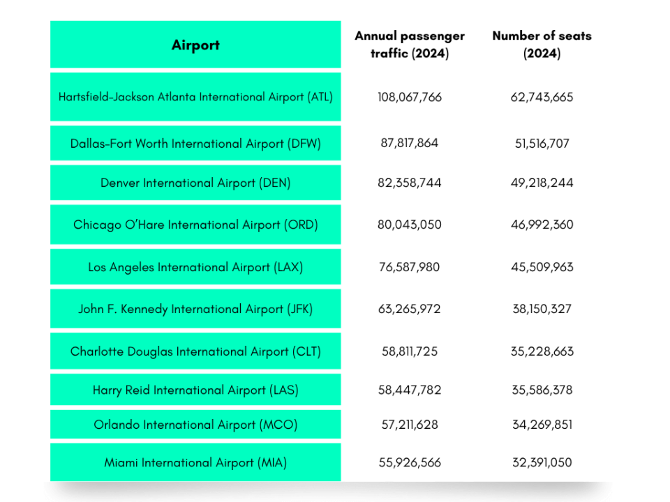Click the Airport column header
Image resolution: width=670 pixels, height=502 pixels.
click(195, 45)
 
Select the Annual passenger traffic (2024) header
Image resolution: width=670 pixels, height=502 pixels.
click(410, 45)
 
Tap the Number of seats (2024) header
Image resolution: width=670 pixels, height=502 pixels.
click(542, 45)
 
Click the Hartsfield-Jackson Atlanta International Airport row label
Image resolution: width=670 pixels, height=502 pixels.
click(195, 97)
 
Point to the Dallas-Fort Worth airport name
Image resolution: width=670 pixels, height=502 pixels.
click(195, 144)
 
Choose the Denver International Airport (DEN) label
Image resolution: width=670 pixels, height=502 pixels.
click(195, 183)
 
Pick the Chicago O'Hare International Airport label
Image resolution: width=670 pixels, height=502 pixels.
click(195, 225)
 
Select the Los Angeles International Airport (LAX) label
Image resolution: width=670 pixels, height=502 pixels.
click(195, 267)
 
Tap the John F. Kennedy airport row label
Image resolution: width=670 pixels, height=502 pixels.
click(195, 309)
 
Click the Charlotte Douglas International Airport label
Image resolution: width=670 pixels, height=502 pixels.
click(195, 351)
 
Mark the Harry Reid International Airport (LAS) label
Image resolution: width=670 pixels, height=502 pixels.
click(195, 390)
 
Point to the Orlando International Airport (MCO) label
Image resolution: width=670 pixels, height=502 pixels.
click(195, 425)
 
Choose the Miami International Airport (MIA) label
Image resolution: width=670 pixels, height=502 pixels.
click(195, 462)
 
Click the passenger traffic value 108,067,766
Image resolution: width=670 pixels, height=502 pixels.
click(410, 97)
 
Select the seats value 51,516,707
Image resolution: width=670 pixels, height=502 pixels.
click(542, 144)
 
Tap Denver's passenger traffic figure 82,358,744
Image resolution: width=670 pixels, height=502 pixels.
click(410, 183)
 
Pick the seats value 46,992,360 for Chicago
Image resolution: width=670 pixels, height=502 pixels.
click(542, 225)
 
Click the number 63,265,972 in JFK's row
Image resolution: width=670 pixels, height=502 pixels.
click(410, 309)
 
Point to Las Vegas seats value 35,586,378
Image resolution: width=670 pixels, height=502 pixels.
click(542, 390)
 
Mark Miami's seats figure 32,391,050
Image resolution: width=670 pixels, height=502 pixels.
click(542, 462)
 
